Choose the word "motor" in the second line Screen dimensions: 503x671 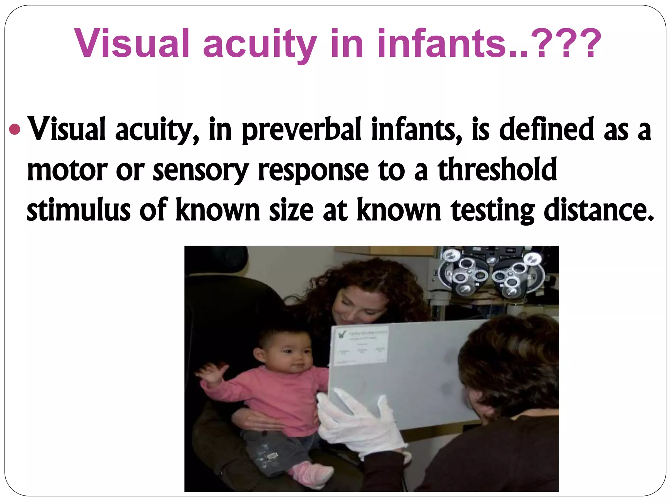67,170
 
